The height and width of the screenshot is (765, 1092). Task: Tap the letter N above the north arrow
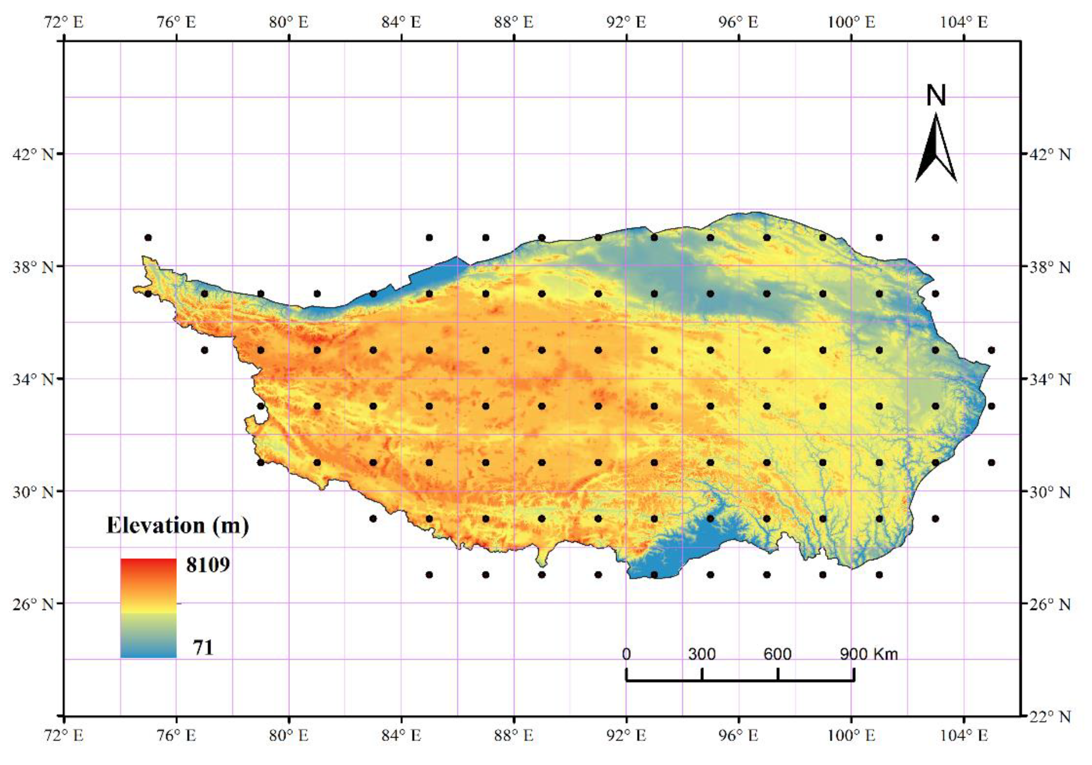[936, 96]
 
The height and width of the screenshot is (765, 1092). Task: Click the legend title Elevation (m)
[178, 526]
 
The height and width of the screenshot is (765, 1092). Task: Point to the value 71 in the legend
[203, 647]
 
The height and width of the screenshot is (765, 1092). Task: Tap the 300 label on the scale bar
[702, 654]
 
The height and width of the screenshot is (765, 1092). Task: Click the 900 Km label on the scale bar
[868, 654]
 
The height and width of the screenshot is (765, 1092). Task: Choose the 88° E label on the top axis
[514, 22]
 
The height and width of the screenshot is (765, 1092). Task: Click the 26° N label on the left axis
[33, 604]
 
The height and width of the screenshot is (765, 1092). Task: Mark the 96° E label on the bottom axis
[739, 735]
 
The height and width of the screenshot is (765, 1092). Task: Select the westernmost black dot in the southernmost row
[429, 575]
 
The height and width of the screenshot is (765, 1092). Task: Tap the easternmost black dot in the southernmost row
[879, 575]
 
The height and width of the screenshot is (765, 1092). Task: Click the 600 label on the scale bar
[777, 654]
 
